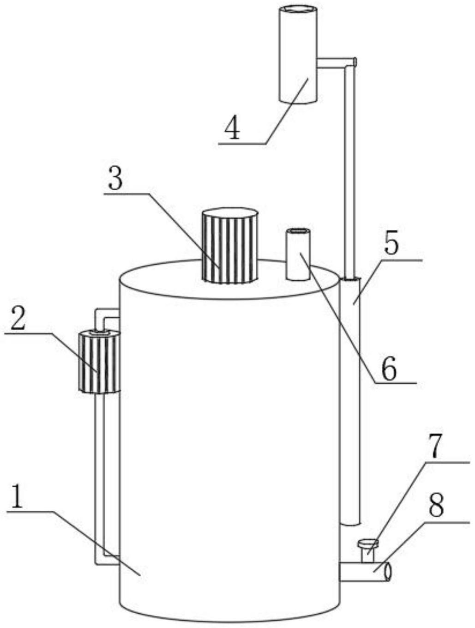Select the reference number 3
coord(115,179)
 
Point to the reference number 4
coord(232,128)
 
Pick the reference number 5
coord(391,244)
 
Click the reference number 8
coord(436,505)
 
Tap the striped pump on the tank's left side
coord(99,362)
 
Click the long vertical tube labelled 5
coord(350,402)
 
